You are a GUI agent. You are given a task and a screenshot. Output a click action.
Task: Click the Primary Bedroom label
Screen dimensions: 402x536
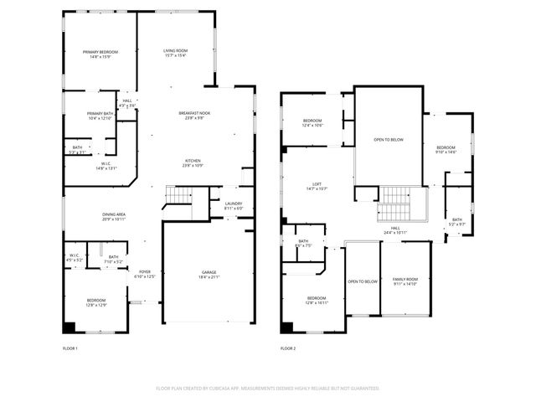click(x=97, y=53)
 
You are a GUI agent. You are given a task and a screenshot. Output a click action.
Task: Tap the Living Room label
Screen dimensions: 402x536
click(x=175, y=51)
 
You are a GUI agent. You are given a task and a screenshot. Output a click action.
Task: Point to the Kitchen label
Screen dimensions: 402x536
click(x=193, y=160)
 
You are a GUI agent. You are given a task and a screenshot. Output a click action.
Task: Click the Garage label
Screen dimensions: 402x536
click(x=208, y=273)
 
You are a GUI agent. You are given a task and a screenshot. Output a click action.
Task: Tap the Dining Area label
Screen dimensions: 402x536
click(x=114, y=215)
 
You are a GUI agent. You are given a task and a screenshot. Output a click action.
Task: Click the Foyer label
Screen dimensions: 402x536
click(x=146, y=272)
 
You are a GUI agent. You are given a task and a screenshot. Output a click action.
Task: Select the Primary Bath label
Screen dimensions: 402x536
click(x=100, y=114)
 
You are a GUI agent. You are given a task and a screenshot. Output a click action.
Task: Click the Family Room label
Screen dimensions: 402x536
click(x=405, y=279)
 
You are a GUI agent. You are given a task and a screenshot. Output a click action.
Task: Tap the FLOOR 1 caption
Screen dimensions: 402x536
click(x=70, y=348)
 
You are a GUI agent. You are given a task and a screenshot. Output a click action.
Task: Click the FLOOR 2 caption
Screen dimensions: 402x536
click(x=288, y=348)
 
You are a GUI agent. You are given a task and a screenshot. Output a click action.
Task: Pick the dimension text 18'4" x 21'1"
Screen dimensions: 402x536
click(x=208, y=278)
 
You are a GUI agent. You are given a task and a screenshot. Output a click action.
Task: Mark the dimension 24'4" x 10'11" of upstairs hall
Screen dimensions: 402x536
click(x=394, y=232)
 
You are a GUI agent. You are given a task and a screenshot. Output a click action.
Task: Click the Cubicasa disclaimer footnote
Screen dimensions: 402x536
click(x=267, y=389)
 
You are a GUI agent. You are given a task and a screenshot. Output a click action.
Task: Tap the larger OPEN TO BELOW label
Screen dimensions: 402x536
click(x=389, y=139)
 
